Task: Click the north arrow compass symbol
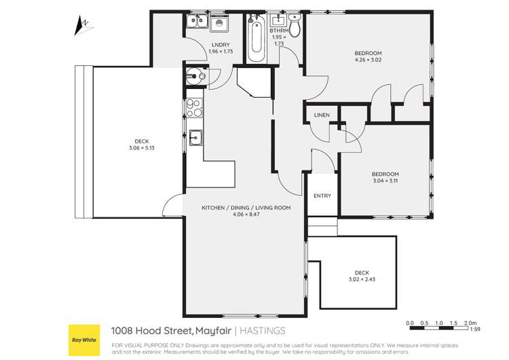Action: click(x=81, y=26)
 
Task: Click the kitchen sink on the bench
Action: click(x=195, y=138)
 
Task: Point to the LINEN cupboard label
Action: click(x=322, y=115)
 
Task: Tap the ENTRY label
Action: click(x=322, y=196)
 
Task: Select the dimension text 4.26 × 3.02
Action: click(x=368, y=60)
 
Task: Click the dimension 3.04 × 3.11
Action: click(x=385, y=181)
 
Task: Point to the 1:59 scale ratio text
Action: click(x=477, y=330)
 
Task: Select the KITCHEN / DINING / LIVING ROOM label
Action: click(x=246, y=208)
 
